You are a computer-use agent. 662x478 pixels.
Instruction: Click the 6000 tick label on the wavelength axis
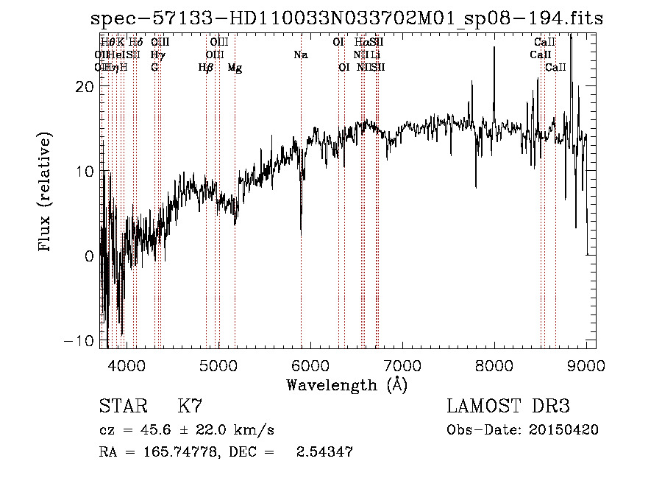coord(310,366)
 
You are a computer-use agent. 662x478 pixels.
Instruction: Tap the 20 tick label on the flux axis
coord(85,86)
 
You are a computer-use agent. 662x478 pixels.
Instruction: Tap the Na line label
coord(300,55)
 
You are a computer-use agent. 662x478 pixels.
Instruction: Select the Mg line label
coord(235,68)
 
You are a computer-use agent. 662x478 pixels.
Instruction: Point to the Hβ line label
coord(206,68)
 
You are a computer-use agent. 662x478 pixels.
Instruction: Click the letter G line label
coord(154,68)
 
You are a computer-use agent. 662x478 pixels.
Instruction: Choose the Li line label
coord(375,55)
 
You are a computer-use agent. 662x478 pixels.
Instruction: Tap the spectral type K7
coord(190,407)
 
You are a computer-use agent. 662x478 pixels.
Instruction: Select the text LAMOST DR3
coord(508,407)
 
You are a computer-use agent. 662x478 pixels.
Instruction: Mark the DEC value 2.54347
coord(324,452)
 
